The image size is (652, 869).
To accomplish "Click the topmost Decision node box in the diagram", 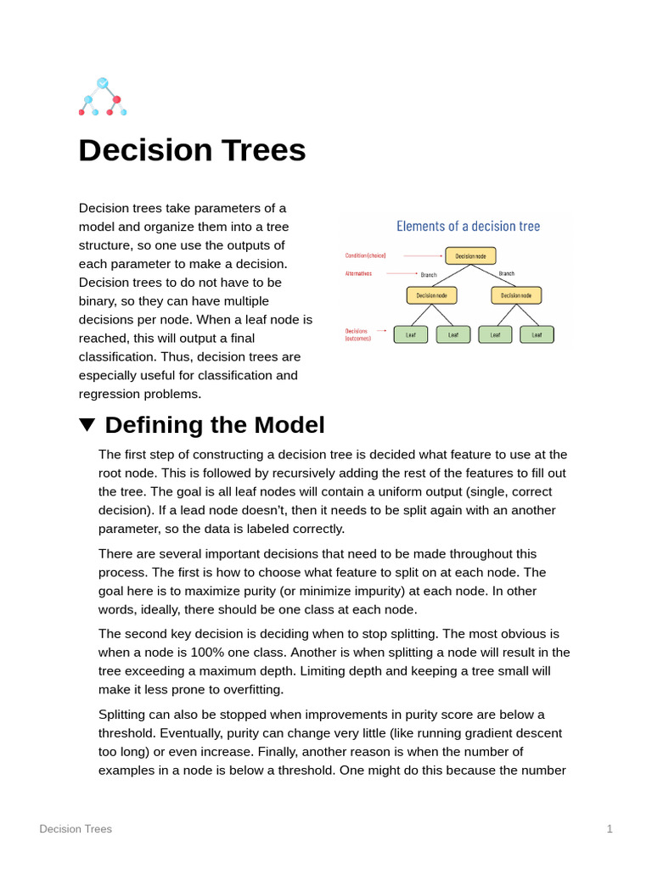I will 470,255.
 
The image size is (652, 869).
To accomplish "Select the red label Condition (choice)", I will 365,255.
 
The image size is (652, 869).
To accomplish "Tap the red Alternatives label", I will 358,273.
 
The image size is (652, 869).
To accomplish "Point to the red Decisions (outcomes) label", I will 357,334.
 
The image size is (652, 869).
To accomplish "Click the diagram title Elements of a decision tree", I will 468,226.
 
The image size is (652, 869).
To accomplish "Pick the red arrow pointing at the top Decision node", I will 423,255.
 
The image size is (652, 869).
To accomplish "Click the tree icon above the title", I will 103,97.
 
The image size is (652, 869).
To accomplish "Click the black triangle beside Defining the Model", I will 87,424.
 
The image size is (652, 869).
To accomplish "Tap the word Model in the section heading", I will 289,424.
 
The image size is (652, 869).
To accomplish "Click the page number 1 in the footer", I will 610,828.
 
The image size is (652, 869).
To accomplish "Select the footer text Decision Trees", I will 76,828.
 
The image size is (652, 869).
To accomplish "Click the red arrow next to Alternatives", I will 402,273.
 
